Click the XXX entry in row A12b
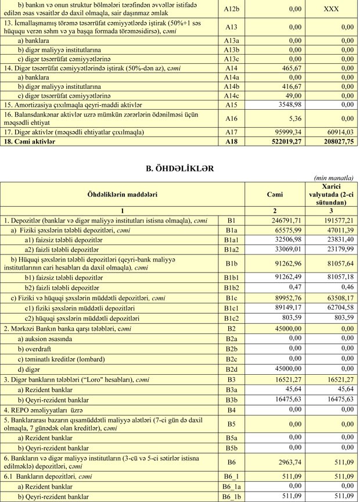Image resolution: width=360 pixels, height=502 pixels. [x=331, y=9]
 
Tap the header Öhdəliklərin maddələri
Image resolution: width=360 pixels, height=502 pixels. [x=123, y=195]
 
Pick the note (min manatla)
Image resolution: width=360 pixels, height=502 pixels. [x=334, y=178]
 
